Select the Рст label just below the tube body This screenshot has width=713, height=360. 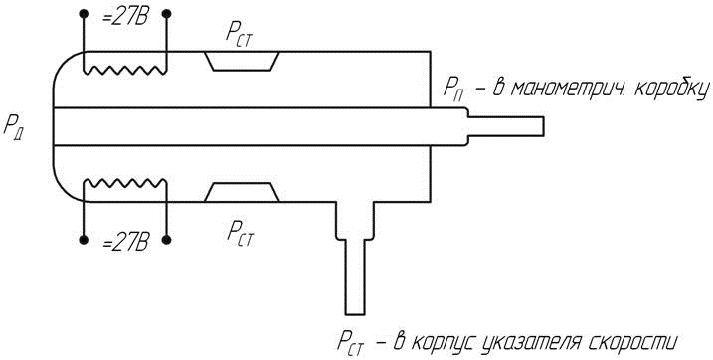[x=240, y=233]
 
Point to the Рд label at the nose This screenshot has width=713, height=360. [x=14, y=126]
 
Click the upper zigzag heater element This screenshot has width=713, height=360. [x=125, y=70]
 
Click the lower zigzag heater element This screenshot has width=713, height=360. [x=125, y=183]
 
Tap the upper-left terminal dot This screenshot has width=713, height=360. [x=83, y=14]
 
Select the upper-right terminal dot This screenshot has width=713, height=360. [x=166, y=14]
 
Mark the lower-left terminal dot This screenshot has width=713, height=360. [x=83, y=240]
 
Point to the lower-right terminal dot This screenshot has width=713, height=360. [x=166, y=240]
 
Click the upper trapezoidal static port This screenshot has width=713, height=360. [x=242, y=61]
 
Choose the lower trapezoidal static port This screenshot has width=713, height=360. [x=242, y=192]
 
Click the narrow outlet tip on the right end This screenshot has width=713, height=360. [x=506, y=126]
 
